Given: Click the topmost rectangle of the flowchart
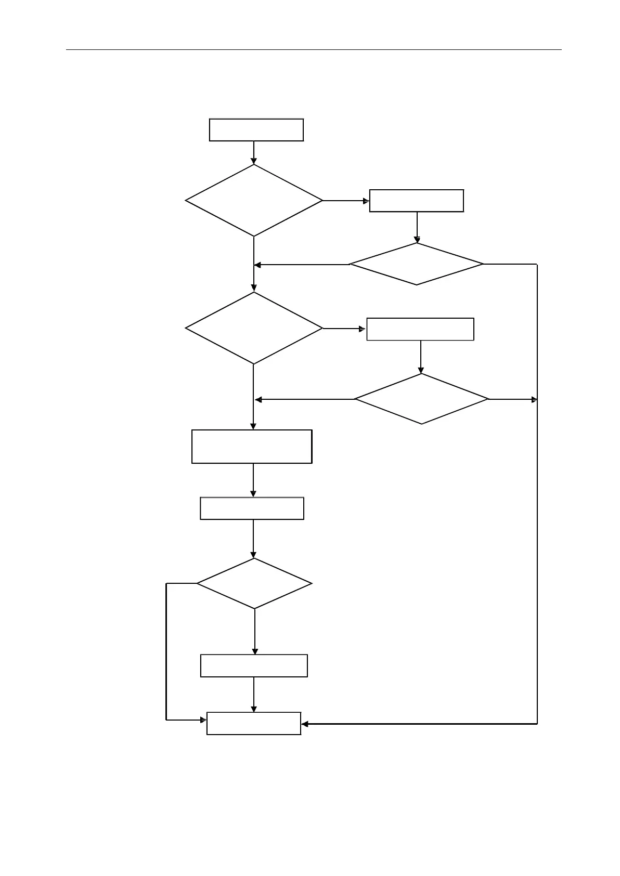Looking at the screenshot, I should [256, 130].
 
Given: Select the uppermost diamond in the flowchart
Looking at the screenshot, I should [254, 201].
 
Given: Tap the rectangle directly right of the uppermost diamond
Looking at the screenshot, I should [416, 201].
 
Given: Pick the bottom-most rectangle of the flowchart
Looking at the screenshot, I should [254, 723].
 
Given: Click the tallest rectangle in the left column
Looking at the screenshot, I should [252, 447].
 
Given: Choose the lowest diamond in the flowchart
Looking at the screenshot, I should [254, 583].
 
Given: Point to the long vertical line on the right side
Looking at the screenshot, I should [537, 520].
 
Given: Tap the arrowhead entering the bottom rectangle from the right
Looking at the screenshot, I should [305, 724].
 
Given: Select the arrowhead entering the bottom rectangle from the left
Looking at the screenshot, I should [203, 720].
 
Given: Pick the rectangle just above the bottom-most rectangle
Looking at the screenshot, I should [254, 665].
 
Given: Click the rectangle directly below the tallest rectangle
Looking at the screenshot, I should [252, 508].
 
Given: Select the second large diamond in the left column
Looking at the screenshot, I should [254, 328].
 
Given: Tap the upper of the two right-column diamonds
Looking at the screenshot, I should [417, 264].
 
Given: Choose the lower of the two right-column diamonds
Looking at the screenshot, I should [421, 399].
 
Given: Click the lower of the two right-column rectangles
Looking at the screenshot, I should [420, 329].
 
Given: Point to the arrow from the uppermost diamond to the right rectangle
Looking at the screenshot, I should [346, 201].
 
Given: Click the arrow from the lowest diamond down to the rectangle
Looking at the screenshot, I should [255, 631].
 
